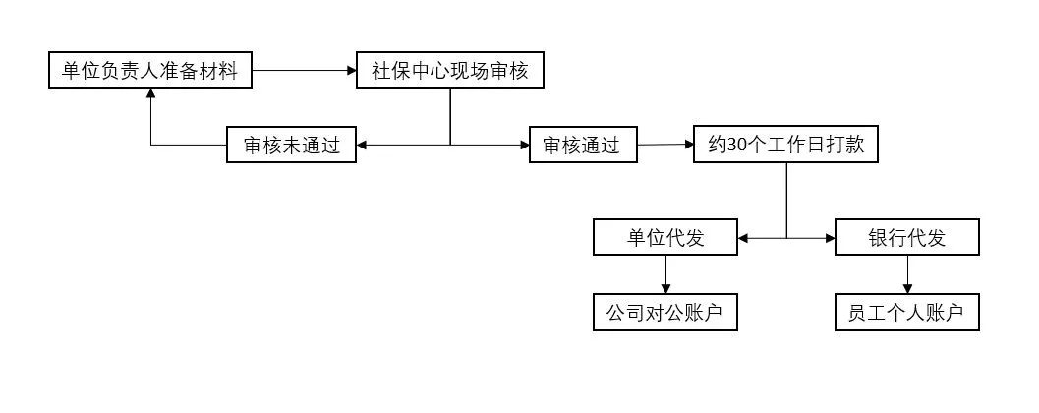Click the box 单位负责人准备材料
[x=150, y=71]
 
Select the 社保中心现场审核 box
[x=449, y=71]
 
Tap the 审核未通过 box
[x=291, y=146]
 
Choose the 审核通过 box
[x=582, y=146]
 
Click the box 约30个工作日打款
[x=786, y=145]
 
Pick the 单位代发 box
[x=665, y=238]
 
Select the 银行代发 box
[x=906, y=238]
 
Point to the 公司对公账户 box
[x=665, y=313]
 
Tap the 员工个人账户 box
[x=906, y=313]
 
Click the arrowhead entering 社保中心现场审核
[x=351, y=71]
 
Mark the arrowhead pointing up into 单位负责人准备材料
[x=150, y=94]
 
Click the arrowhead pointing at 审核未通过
[x=362, y=146]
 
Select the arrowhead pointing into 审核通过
[x=524, y=146]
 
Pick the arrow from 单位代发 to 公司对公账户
[x=665, y=274]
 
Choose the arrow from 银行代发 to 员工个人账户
[x=906, y=274]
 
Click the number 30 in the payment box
[x=737, y=146]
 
